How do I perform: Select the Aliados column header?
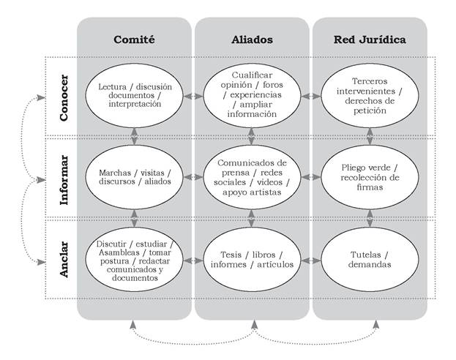253,39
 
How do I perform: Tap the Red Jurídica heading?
370,39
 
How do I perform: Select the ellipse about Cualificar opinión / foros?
253,96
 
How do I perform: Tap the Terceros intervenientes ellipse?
370,96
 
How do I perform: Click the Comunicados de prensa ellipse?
253,177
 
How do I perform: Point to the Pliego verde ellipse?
370,177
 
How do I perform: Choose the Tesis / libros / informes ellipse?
253,258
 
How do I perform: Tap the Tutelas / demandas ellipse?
370,258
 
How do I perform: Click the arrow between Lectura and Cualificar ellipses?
194,96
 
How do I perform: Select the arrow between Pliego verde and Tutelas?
370,217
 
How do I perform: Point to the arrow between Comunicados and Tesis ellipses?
253,217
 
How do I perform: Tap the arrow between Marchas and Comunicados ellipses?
194,177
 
